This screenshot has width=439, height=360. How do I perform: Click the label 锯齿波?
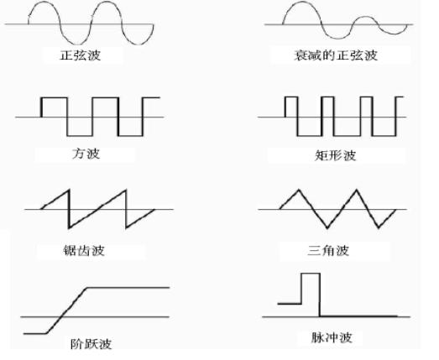pos(83,250)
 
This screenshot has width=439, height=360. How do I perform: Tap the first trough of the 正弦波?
pos(78,42)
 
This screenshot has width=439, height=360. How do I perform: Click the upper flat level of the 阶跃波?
pos(130,288)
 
